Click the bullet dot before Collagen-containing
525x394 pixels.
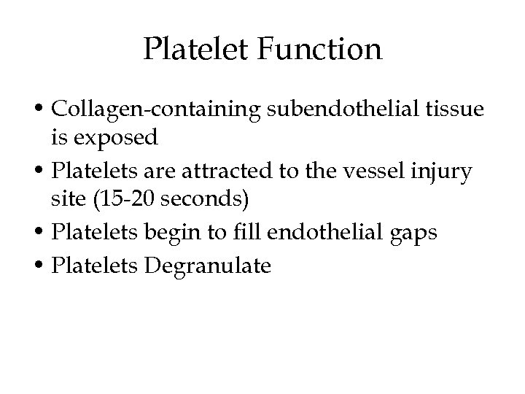[x=45, y=111]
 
